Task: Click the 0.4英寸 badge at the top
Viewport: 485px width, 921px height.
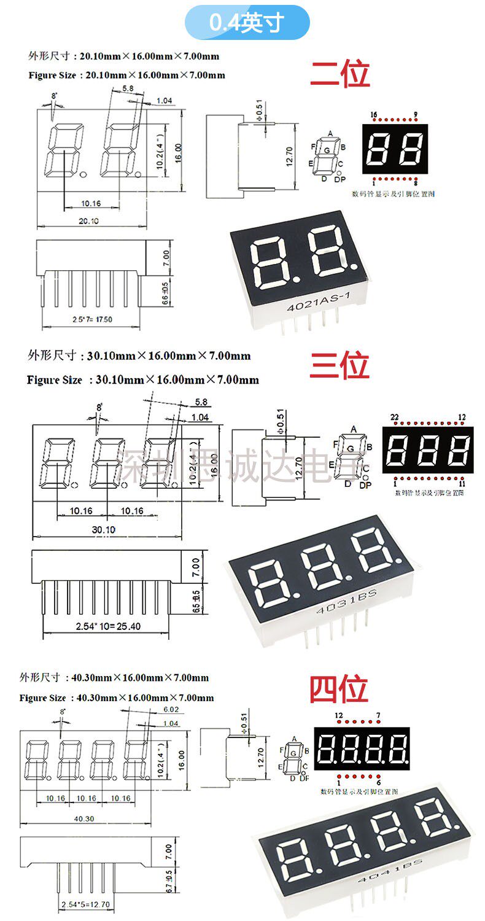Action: pos(247,23)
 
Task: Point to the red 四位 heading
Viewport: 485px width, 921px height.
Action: pos(338,689)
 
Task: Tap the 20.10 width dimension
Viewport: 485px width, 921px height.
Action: pos(89,221)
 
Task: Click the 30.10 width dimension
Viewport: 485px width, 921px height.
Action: pos(103,529)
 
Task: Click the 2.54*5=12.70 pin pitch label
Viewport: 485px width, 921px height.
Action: pos(85,904)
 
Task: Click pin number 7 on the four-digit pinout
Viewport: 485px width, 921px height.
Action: pos(378,715)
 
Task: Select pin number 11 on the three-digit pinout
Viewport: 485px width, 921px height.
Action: pos(462,483)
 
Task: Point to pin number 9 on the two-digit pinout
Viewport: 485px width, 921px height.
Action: pos(416,115)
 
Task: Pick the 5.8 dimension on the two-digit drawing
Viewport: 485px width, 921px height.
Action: pos(128,88)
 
